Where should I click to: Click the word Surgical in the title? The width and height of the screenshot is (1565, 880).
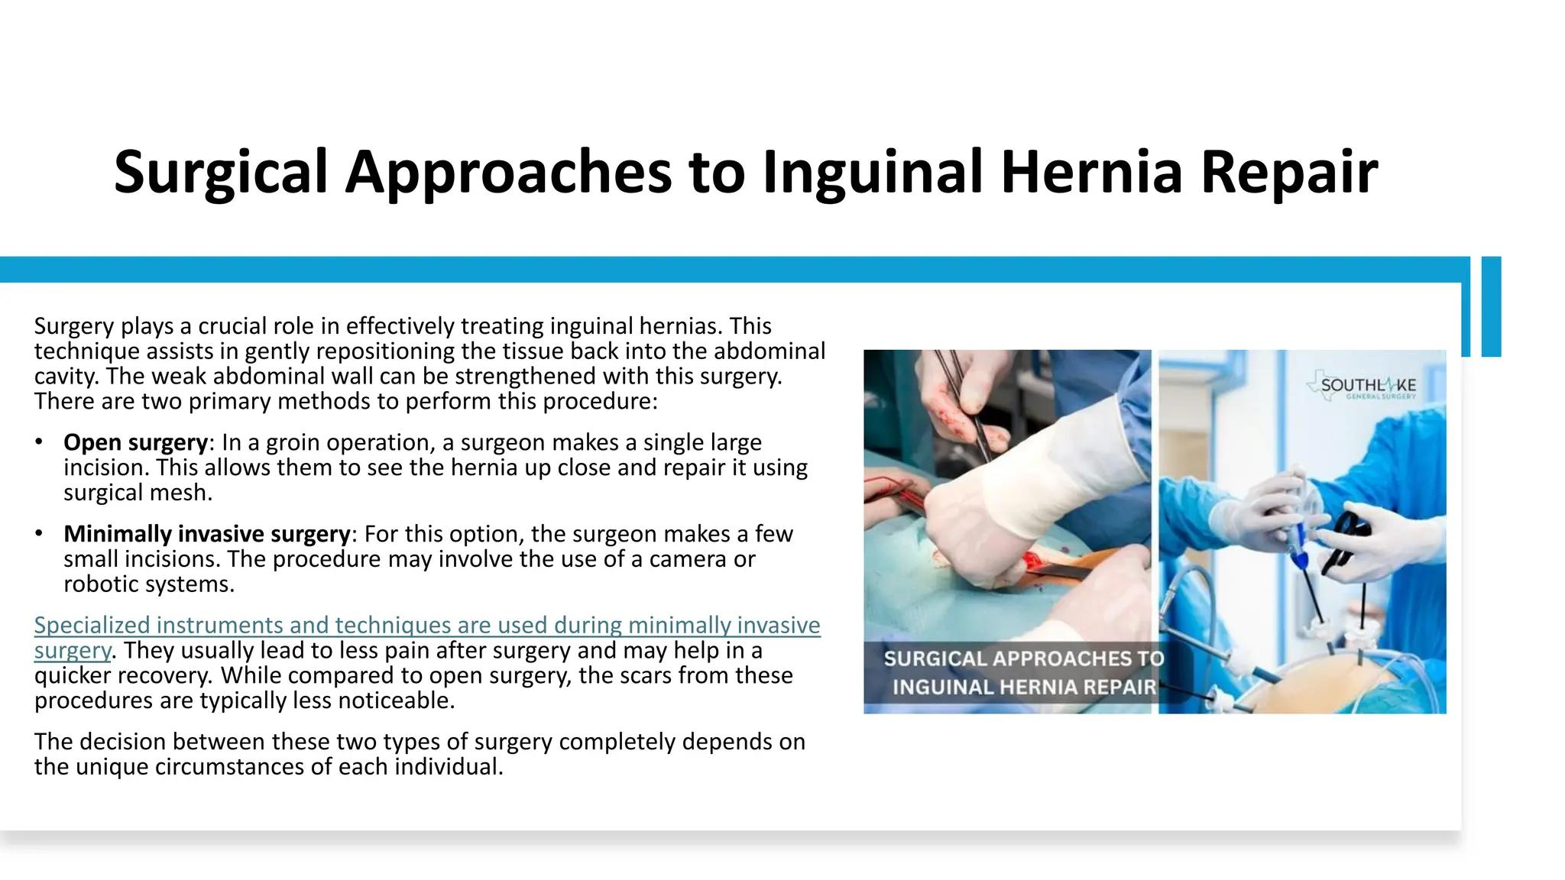(x=220, y=173)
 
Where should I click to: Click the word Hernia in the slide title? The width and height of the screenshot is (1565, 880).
(x=1091, y=173)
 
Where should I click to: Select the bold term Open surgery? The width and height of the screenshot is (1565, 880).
(x=135, y=442)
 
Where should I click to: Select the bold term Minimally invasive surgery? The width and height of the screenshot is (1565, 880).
(x=206, y=534)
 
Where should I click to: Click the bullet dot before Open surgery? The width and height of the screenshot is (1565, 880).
(x=39, y=442)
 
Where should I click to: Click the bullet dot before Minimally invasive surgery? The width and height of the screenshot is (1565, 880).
(x=39, y=534)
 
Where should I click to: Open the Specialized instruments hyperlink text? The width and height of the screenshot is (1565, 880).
(x=426, y=626)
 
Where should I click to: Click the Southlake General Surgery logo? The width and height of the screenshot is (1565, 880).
(x=1364, y=387)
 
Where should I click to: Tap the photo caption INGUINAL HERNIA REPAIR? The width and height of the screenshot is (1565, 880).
(x=1024, y=687)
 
